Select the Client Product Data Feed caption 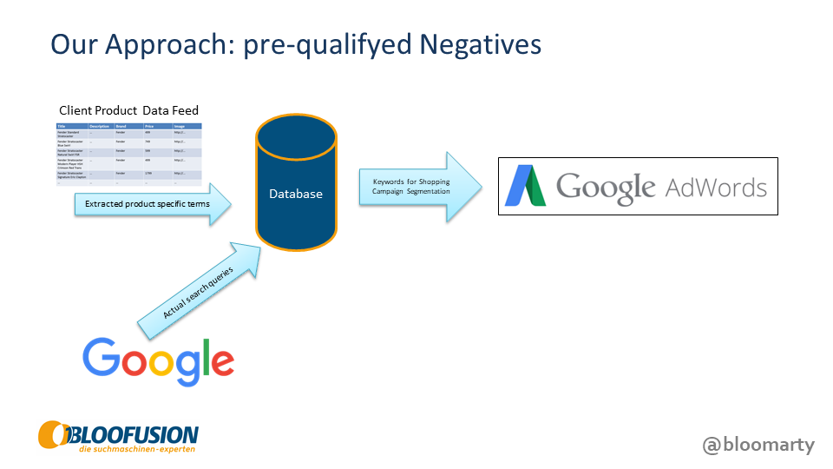click(x=128, y=110)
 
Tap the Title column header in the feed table click(x=62, y=127)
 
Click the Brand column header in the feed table click(x=121, y=127)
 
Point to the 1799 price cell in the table click(x=148, y=174)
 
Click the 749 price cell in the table click(x=148, y=142)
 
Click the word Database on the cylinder click(x=295, y=194)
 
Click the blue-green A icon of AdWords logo click(x=526, y=186)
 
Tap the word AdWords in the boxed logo click(x=716, y=187)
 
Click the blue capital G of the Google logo click(x=102, y=358)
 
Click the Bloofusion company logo click(x=118, y=437)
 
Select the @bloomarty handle click(x=758, y=445)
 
